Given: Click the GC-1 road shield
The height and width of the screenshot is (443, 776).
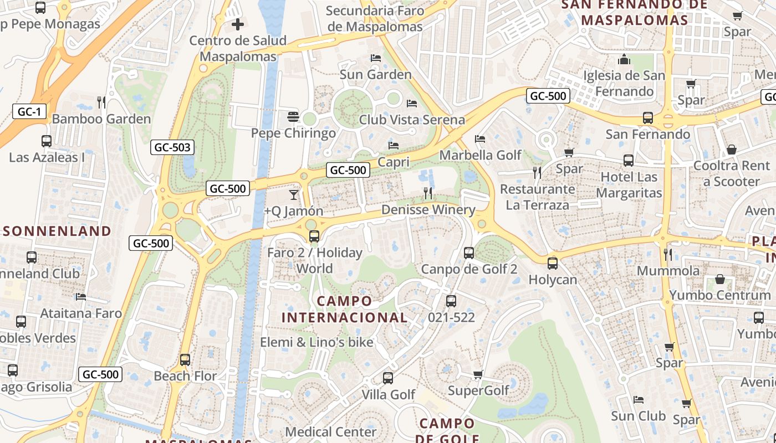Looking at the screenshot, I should [x=29, y=112].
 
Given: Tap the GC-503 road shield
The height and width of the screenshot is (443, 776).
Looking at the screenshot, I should [x=172, y=147].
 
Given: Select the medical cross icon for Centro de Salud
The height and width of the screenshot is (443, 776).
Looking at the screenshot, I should [x=238, y=24].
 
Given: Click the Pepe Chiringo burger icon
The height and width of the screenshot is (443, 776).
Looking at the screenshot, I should [x=293, y=117].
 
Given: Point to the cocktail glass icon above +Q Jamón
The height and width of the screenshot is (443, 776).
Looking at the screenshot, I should [x=293, y=195].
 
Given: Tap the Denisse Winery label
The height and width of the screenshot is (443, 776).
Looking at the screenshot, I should [x=428, y=210].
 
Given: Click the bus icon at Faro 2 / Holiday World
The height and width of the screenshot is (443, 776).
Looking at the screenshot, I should [x=314, y=236].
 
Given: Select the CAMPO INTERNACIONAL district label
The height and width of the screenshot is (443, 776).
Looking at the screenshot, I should [x=345, y=310].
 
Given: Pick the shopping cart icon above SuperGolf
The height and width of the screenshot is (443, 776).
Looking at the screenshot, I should [x=478, y=375].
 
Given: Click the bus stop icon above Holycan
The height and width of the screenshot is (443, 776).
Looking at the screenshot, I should [x=552, y=264].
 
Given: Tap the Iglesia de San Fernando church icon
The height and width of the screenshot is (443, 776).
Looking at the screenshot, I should [x=625, y=59].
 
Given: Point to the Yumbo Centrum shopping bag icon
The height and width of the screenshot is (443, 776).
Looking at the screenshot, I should [x=719, y=279].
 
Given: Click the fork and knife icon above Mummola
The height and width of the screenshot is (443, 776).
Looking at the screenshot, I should [x=668, y=255].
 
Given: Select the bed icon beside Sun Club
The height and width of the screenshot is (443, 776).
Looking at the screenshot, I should [x=639, y=399].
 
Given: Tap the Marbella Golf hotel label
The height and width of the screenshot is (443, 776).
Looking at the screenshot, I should [x=481, y=155].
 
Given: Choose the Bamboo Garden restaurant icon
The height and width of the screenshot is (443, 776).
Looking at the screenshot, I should [x=101, y=102].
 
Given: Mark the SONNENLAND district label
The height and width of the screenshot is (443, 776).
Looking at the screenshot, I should [x=57, y=231].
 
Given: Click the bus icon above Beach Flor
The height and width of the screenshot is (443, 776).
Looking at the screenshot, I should [x=185, y=360].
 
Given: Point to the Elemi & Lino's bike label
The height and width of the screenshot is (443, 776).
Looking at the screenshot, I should [x=316, y=342].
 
